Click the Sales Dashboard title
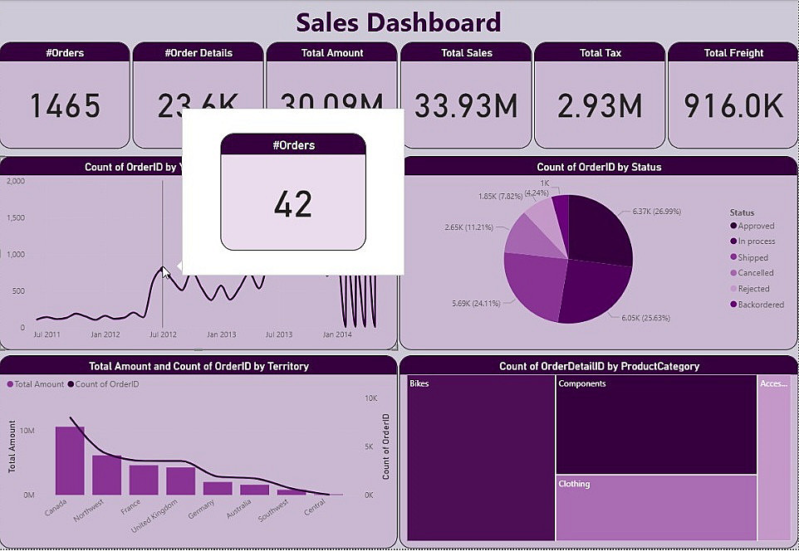[399, 22]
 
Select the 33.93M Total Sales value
[466, 105]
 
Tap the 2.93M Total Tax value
[600, 105]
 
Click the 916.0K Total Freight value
[733, 105]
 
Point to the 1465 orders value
[65, 105]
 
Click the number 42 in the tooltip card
[292, 204]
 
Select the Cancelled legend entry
[755, 273]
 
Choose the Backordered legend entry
[758, 305]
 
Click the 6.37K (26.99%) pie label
[656, 212]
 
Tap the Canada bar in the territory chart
[70, 461]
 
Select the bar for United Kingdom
[180, 480]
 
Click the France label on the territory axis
[131, 506]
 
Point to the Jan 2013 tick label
[222, 334]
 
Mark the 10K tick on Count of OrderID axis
[371, 398]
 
